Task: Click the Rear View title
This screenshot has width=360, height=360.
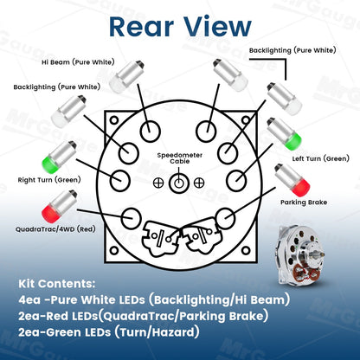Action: [x=180, y=27]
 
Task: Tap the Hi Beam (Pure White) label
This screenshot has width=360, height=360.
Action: [x=78, y=62]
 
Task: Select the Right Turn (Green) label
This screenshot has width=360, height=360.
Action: [x=49, y=180]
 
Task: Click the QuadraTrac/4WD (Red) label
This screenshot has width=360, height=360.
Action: [x=55, y=229]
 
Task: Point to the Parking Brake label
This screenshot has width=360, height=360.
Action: [x=304, y=202]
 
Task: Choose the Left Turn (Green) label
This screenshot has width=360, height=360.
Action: [x=321, y=158]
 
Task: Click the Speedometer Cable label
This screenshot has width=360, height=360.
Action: [x=180, y=158]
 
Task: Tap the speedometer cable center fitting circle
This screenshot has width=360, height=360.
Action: [x=179, y=183]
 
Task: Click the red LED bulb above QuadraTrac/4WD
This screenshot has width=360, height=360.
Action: [x=59, y=207]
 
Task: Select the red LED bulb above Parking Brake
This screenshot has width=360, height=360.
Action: [x=292, y=180]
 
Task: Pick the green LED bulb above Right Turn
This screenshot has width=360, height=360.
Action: [x=59, y=157]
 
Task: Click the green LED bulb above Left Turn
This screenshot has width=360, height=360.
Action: [x=284, y=134]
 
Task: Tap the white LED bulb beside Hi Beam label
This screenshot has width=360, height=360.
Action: [x=126, y=77]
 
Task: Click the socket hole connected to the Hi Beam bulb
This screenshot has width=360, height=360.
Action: [x=150, y=132]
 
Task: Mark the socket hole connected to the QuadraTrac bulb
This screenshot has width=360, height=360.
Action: [x=132, y=218]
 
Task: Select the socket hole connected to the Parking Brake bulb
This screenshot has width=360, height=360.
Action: [x=226, y=218]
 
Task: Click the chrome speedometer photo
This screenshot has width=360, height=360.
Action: [x=299, y=257]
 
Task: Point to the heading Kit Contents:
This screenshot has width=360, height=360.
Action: [x=57, y=284]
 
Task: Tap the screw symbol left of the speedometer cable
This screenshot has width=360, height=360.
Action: [x=158, y=183]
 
